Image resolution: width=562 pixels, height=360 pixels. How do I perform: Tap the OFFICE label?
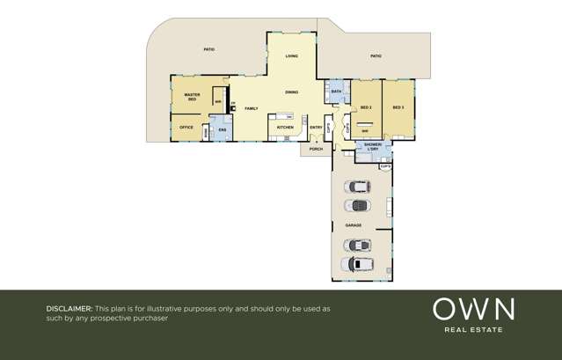pyautogui.click(x=186, y=128)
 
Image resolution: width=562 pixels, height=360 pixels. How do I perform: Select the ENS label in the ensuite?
pyautogui.click(x=223, y=131)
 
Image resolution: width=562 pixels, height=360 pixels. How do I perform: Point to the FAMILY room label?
pyautogui.click(x=251, y=108)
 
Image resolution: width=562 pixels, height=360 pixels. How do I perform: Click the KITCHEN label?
pyautogui.click(x=285, y=128)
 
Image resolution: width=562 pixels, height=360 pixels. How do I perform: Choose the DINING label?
pyautogui.click(x=291, y=92)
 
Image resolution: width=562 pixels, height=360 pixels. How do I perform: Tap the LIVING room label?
pyautogui.click(x=291, y=56)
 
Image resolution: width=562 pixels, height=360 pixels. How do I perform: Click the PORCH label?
pyautogui.click(x=316, y=149)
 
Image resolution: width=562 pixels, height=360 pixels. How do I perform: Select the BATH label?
pyautogui.click(x=336, y=92)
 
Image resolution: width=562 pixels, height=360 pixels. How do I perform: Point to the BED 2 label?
pyautogui.click(x=366, y=107)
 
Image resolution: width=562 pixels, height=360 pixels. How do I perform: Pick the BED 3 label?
pyautogui.click(x=398, y=107)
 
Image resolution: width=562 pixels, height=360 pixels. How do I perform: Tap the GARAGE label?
pyautogui.click(x=353, y=225)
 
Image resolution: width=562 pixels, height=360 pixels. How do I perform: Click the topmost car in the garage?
pyautogui.click(x=359, y=187)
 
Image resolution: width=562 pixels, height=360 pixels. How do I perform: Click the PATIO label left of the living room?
pyautogui.click(x=208, y=49)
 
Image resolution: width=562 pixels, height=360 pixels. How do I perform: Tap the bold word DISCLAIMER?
pyautogui.click(x=69, y=310)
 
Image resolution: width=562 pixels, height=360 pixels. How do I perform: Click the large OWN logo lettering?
pyautogui.click(x=473, y=310)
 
